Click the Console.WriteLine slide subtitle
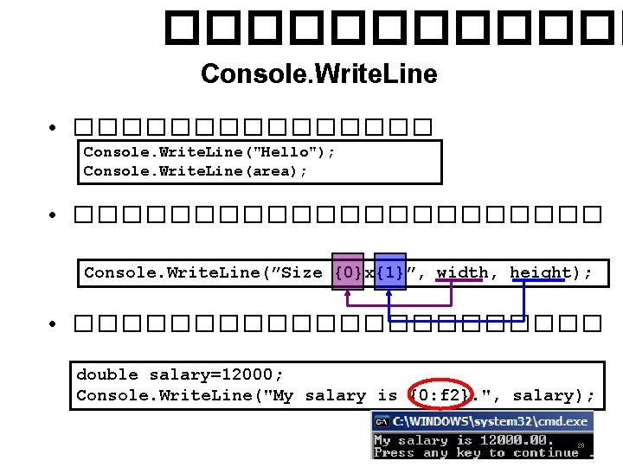318,74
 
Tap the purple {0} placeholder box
348,272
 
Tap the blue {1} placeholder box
389,272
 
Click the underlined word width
462,272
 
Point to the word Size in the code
302,272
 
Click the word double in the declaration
107,374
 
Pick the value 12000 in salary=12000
252,374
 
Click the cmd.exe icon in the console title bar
382,422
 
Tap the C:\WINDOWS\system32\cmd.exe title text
491,422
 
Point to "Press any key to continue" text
475,453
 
